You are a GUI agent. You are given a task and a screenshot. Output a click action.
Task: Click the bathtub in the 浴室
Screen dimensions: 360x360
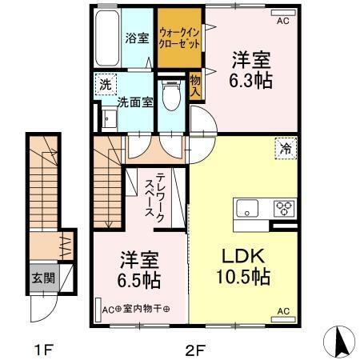tap(106, 39)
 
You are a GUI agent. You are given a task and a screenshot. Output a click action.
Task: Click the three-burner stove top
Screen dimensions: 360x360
tap(284, 210)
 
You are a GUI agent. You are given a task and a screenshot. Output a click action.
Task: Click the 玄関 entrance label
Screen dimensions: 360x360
tap(44, 279)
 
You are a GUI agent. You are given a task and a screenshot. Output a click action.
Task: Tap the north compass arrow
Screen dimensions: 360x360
tap(338, 342)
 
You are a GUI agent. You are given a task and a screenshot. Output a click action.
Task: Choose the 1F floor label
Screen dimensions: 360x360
tap(43, 349)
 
